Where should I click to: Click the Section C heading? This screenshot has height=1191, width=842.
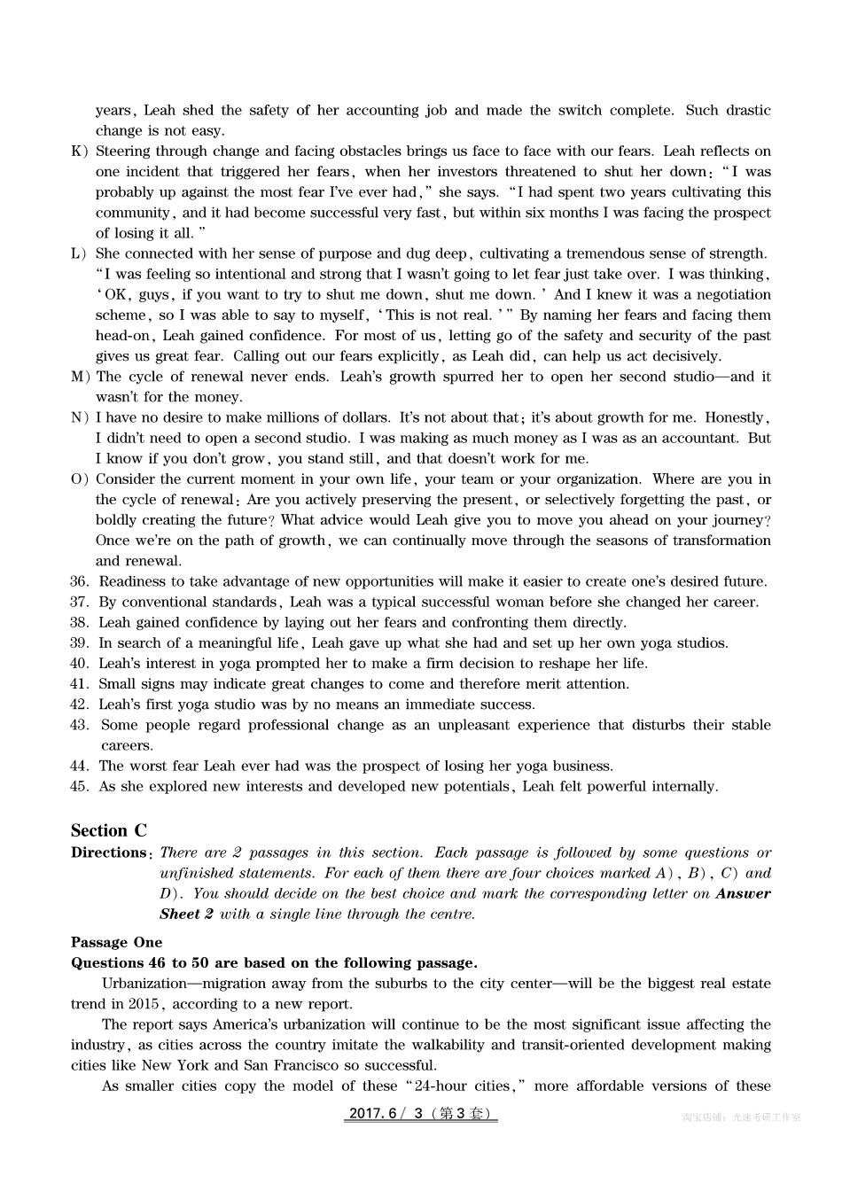[x=109, y=830]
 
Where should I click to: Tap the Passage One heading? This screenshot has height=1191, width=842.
[x=116, y=942]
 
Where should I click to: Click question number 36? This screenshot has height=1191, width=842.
[x=80, y=581]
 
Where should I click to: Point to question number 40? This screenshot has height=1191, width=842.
[x=80, y=663]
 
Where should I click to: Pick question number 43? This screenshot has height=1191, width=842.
[x=80, y=725]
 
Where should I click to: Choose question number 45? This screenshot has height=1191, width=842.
[x=80, y=786]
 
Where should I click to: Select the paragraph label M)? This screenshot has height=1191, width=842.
[x=80, y=377]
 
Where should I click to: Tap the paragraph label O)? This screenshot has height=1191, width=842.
[x=80, y=479]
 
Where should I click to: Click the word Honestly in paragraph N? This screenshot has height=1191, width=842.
[x=739, y=417]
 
